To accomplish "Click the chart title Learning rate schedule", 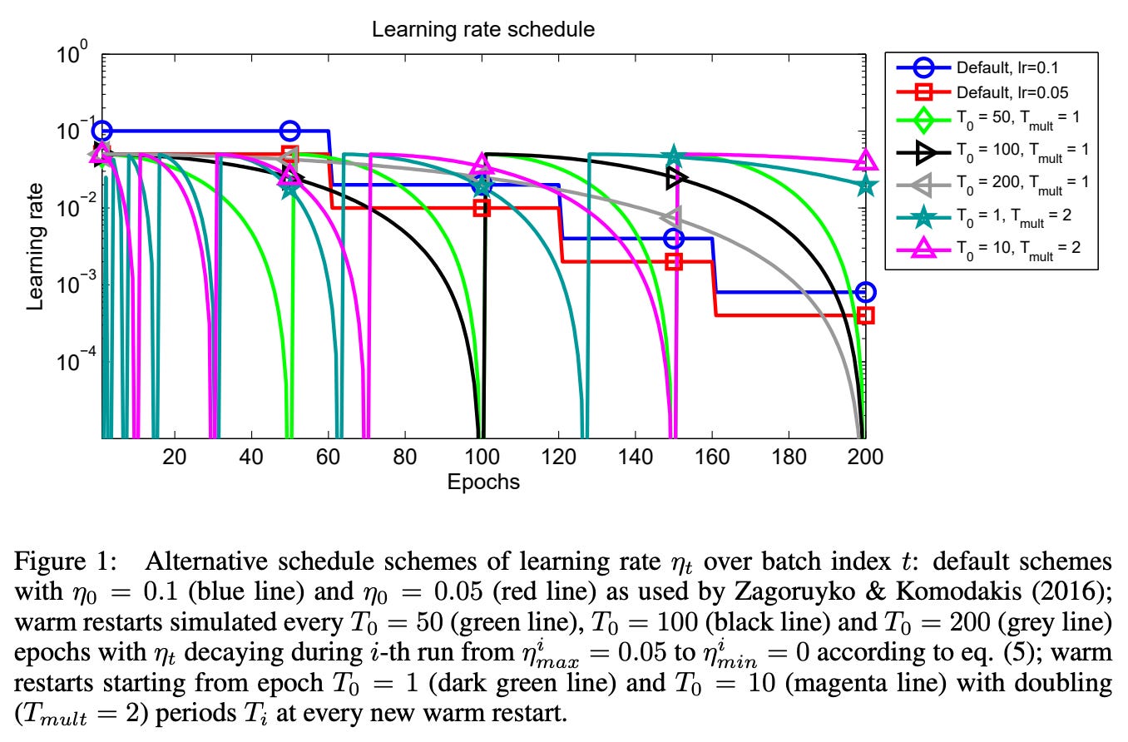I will pyautogui.click(x=482, y=30).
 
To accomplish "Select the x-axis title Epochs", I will pyautogui.click(x=482, y=482).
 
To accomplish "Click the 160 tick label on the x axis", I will pyautogui.click(x=712, y=457).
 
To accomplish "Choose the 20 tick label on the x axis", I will pyautogui.click(x=174, y=457).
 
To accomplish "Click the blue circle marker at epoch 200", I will pyautogui.click(x=865, y=292).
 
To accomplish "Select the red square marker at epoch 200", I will pyautogui.click(x=865, y=315).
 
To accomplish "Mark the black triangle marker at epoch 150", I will pyautogui.click(x=675, y=177).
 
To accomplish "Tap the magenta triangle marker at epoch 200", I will pyautogui.click(x=865, y=161).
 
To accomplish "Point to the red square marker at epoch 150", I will pyautogui.click(x=674, y=261).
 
